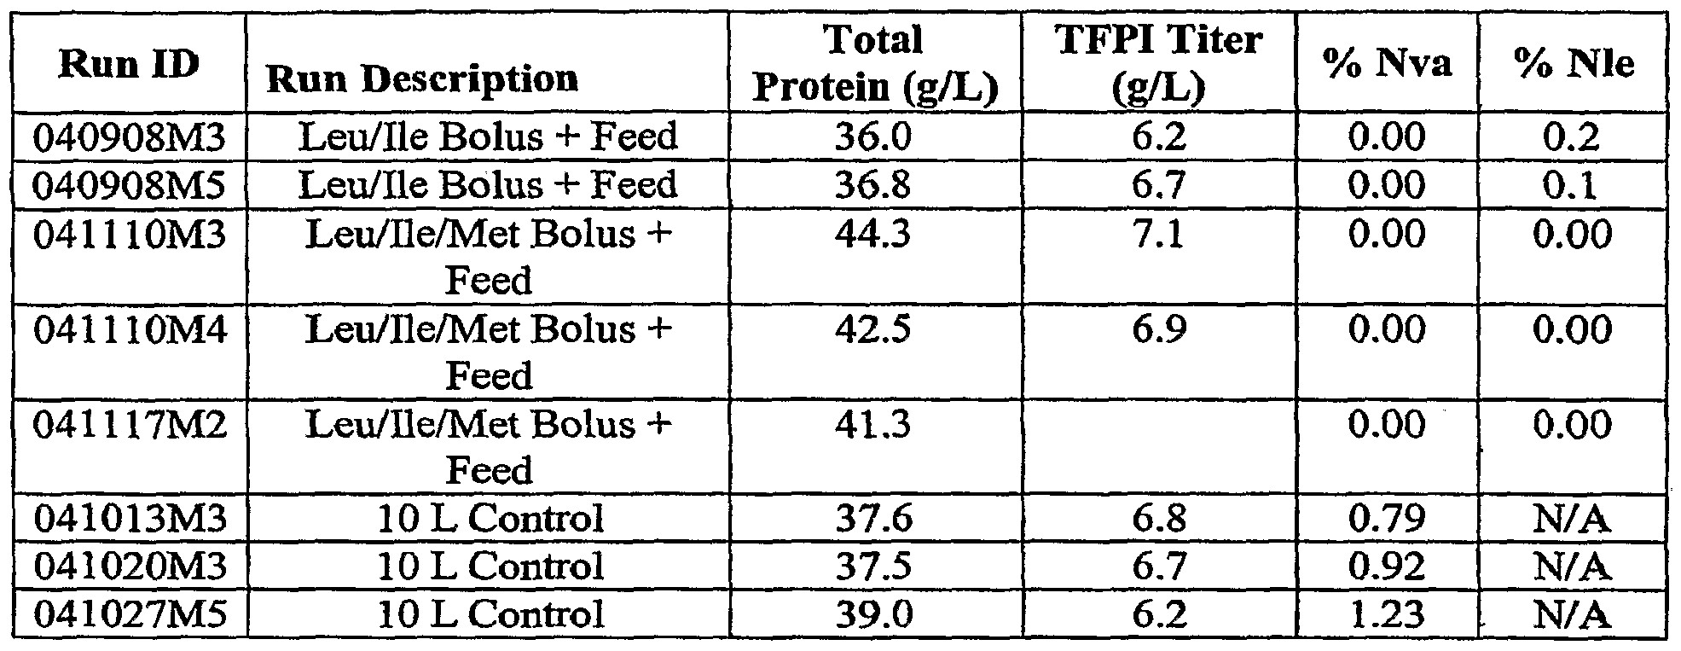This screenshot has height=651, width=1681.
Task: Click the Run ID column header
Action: point(129,64)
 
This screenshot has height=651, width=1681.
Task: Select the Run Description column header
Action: point(422,79)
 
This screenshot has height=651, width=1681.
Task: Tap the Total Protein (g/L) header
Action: point(875,64)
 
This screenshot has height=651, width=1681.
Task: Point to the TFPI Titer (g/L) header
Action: point(1159,64)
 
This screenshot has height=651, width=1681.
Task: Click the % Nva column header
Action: point(1387,64)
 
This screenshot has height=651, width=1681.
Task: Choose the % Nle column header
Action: point(1574,64)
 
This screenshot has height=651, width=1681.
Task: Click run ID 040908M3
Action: point(130,137)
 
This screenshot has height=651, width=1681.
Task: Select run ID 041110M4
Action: point(130,329)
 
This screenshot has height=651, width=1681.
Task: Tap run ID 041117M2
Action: point(130,425)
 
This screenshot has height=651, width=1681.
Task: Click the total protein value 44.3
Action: point(875,234)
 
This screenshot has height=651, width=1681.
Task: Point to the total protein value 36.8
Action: point(875,185)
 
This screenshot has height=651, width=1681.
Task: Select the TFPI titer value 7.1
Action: point(1159,234)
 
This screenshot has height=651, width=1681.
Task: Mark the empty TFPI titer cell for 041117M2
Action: point(1159,447)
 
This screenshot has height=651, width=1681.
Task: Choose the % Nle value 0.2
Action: point(1574,137)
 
